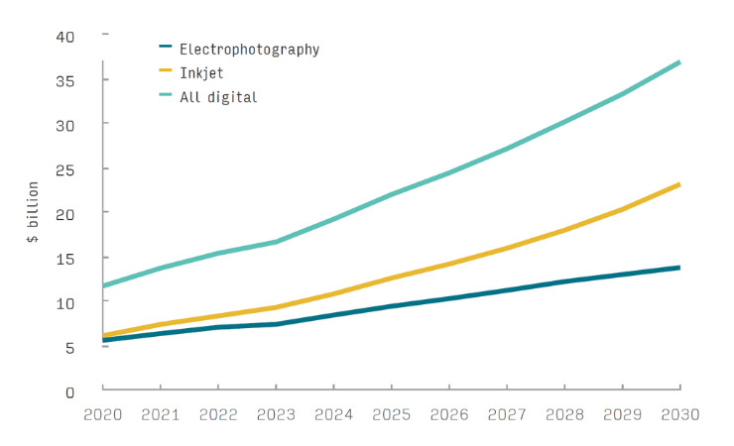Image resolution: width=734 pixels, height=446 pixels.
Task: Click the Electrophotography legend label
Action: [249, 48]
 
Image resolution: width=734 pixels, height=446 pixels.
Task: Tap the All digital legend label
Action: [218, 96]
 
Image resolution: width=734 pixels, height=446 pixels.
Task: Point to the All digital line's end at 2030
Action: [679, 62]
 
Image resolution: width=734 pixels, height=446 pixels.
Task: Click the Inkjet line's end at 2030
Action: [679, 184]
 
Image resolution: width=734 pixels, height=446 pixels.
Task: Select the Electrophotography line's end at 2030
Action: [679, 268]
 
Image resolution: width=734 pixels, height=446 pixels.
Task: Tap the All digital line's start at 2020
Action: [104, 285]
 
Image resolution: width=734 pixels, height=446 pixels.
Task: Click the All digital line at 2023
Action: [277, 241]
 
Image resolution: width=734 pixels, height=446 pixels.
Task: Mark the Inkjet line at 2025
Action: [392, 278]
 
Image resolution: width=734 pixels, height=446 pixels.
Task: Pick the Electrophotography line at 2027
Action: [507, 289]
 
